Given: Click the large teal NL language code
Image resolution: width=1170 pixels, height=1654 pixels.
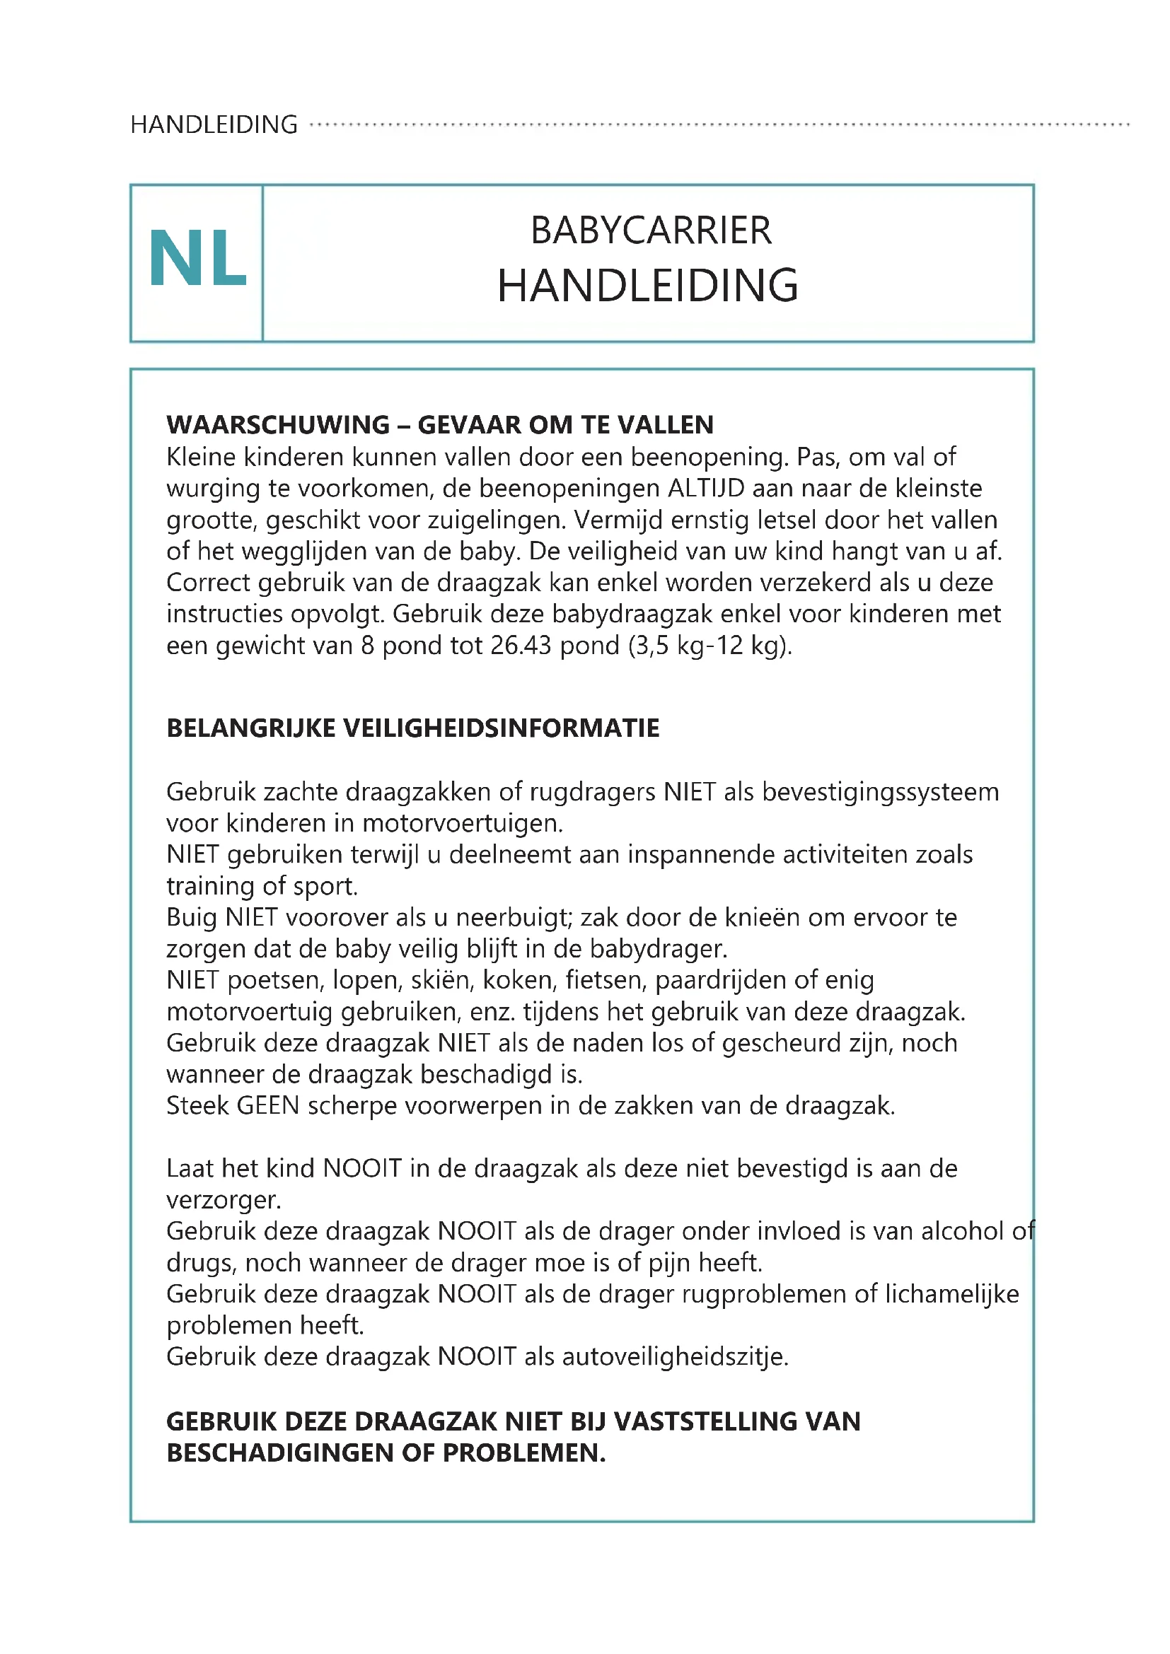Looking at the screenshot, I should [x=197, y=259].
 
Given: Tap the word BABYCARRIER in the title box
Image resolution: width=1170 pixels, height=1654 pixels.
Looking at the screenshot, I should [x=651, y=231].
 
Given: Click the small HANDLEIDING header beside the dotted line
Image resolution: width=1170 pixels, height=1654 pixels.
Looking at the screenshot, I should [x=214, y=124].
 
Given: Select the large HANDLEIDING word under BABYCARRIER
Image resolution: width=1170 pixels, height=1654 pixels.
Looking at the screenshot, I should [x=648, y=286].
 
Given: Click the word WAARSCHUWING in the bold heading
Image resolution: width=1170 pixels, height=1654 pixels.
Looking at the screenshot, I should [x=278, y=425].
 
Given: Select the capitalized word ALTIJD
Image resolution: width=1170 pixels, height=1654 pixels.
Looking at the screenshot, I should [x=706, y=489].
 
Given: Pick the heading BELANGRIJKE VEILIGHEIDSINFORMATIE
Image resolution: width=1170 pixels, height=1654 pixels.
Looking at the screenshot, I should [x=413, y=728].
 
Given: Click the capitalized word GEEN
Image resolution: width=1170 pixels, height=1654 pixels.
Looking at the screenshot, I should [x=268, y=1106].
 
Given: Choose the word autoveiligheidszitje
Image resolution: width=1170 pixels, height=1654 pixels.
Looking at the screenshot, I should [x=675, y=1356].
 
